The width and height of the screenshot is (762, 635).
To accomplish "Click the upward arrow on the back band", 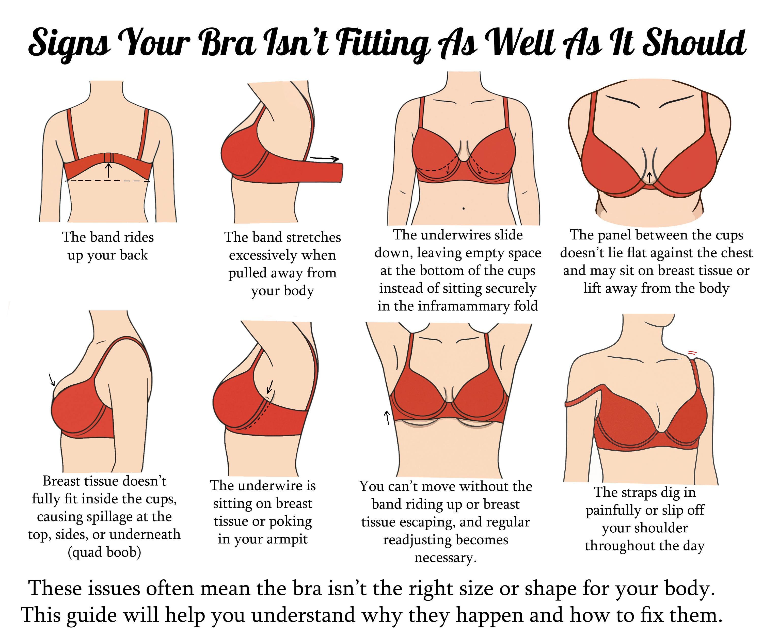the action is [x=108, y=170].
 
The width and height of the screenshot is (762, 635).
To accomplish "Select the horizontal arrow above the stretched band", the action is [x=324, y=158].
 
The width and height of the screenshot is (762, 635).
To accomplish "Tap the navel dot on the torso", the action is [x=464, y=209].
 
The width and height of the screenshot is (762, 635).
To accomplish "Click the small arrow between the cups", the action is [x=649, y=177].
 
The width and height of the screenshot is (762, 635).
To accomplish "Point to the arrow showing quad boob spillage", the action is [x=52, y=379].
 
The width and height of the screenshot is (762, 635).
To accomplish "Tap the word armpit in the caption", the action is [x=287, y=539].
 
